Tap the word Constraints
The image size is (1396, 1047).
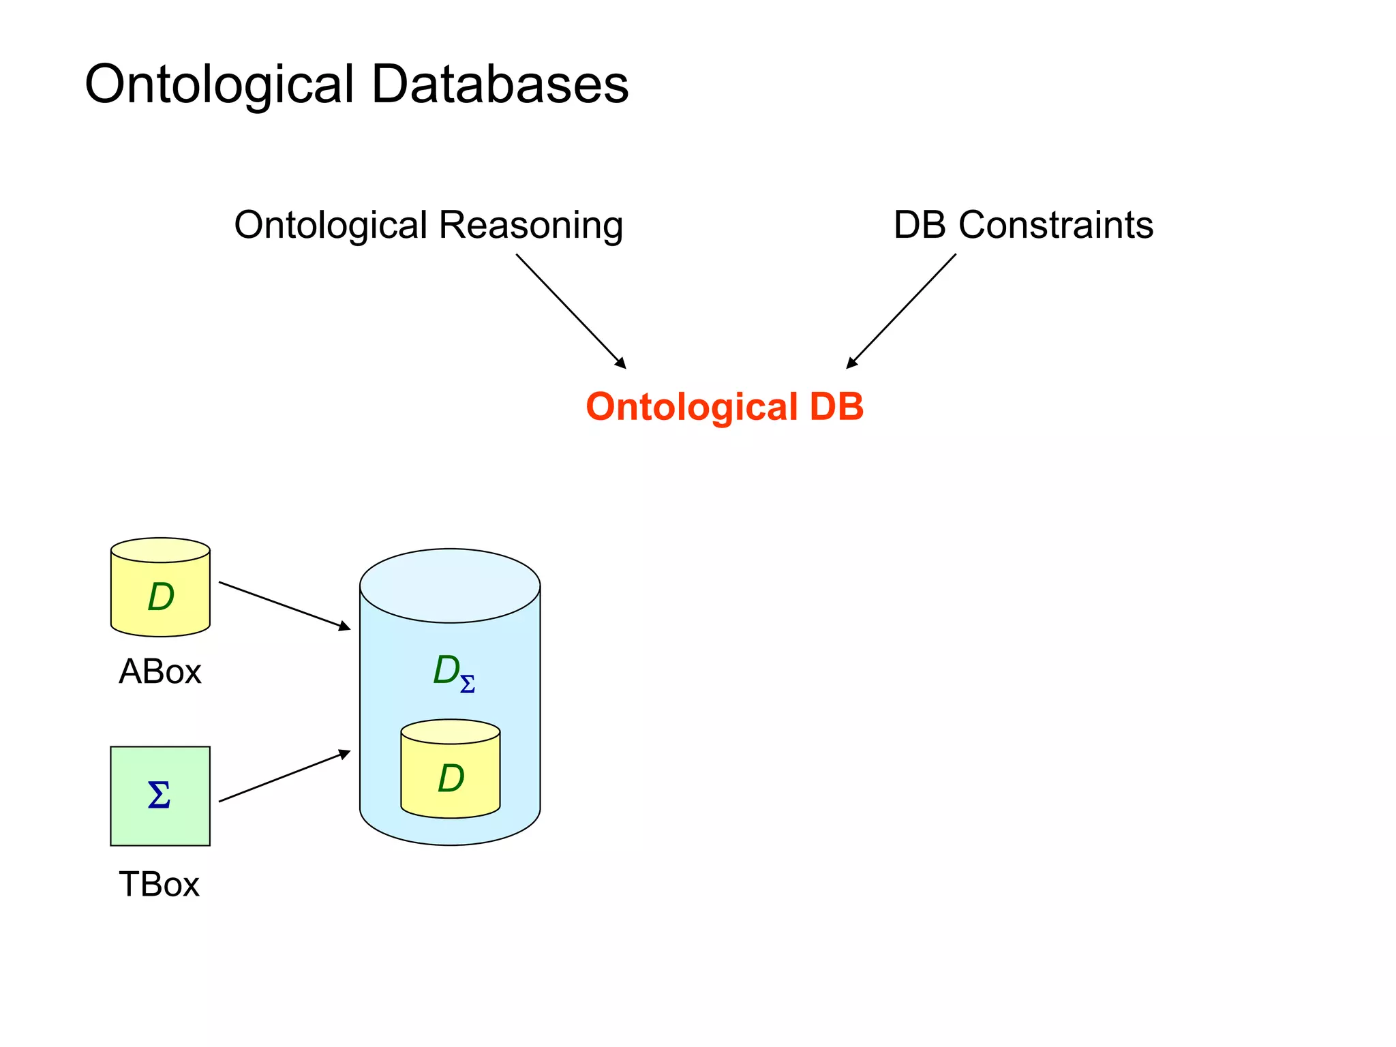click(1056, 225)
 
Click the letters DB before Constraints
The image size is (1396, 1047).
click(920, 225)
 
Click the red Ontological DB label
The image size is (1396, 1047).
click(725, 407)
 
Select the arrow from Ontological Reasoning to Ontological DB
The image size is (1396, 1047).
click(571, 311)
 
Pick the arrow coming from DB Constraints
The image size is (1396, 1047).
click(901, 311)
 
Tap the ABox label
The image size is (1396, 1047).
click(160, 672)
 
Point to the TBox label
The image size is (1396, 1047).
click(159, 885)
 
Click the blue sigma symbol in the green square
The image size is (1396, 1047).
click(159, 795)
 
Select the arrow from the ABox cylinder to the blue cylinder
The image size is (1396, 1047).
click(284, 605)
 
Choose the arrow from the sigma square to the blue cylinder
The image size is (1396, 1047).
click(284, 776)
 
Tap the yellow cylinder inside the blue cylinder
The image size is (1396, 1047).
click(451, 784)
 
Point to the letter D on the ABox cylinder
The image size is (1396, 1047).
click(161, 597)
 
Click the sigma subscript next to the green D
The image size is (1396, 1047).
click(468, 684)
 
